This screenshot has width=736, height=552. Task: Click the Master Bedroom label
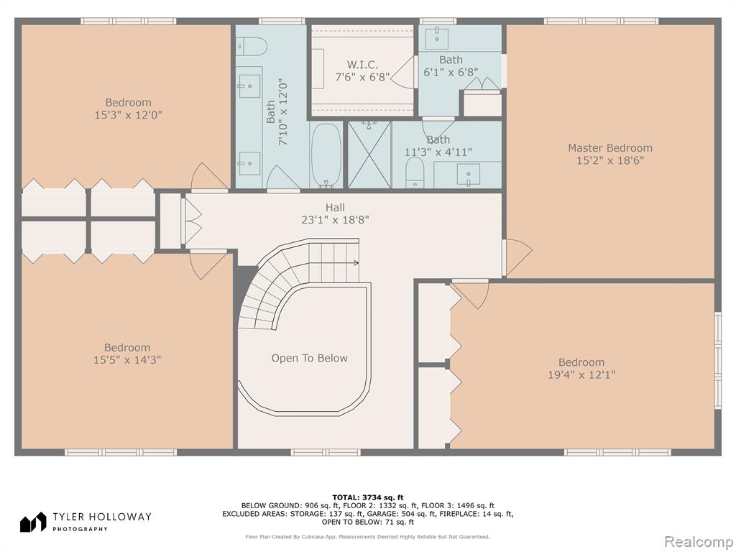[610, 148]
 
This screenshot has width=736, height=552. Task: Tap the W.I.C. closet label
[362, 65]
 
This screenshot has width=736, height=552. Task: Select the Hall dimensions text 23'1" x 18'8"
[335, 220]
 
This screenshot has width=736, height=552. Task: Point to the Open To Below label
[309, 358]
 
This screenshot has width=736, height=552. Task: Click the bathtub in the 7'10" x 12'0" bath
[327, 155]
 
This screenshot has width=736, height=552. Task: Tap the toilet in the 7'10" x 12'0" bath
[252, 47]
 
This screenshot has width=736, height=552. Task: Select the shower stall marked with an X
[369, 155]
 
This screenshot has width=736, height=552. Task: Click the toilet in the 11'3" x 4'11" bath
[415, 172]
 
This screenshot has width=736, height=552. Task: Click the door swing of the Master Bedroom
[519, 257]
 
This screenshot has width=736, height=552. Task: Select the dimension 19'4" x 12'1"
[581, 374]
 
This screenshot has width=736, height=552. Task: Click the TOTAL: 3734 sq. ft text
[368, 497]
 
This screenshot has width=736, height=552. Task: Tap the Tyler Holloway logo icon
[33, 522]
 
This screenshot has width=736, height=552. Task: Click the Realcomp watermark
[698, 541]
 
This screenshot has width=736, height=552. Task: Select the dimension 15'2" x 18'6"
[610, 160]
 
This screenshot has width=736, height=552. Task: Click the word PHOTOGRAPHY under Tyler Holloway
[80, 529]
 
